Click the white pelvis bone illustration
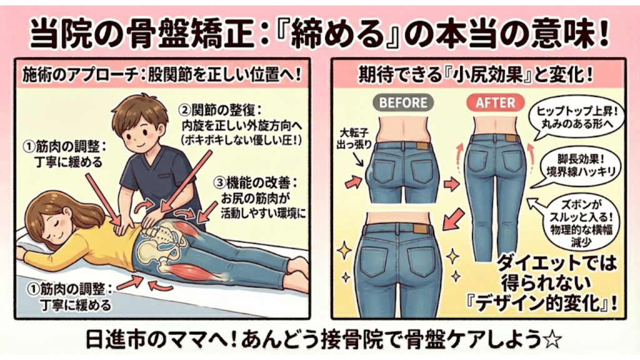(x=156, y=249)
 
